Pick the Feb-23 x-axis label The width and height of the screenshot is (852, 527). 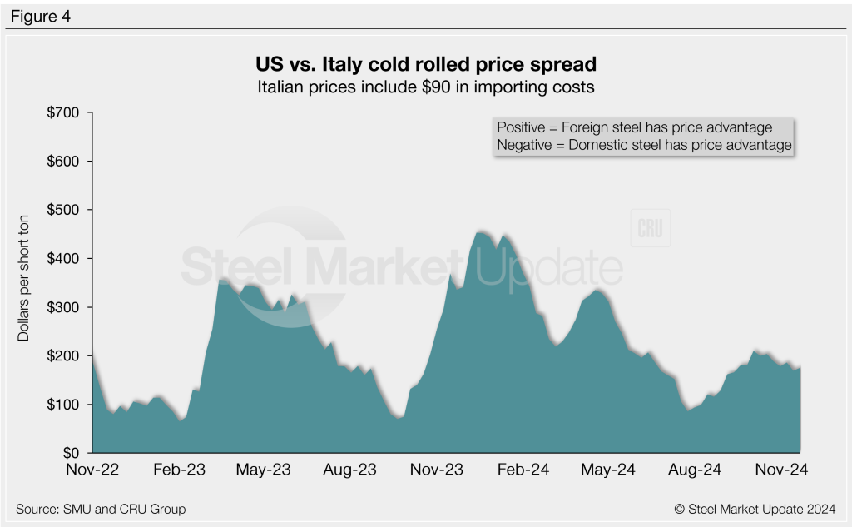(180, 470)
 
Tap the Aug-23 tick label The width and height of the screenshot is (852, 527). (350, 470)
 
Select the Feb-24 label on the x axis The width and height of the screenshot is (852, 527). (522, 470)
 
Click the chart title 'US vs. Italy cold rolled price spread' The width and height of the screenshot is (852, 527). (425, 64)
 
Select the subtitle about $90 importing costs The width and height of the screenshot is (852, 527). (425, 86)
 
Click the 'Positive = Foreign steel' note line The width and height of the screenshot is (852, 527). (634, 127)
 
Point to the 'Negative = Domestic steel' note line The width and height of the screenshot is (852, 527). (643, 145)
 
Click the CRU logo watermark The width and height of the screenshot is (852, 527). (650, 230)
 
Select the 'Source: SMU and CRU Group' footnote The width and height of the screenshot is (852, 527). (101, 509)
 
